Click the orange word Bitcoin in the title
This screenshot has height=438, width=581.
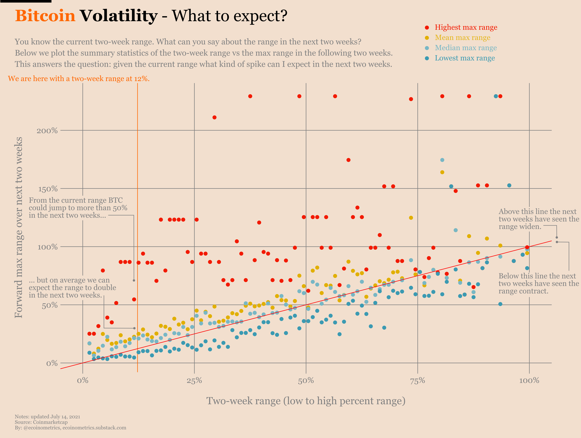(x=45, y=16)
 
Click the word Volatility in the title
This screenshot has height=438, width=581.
(x=119, y=16)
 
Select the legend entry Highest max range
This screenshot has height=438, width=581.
(x=466, y=27)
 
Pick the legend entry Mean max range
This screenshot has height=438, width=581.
(x=462, y=37)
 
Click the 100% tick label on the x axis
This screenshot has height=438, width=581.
(x=529, y=381)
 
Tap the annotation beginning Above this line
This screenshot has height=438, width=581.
(x=538, y=219)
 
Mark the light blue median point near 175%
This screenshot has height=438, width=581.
(x=442, y=160)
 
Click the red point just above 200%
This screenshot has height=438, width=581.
(x=214, y=117)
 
